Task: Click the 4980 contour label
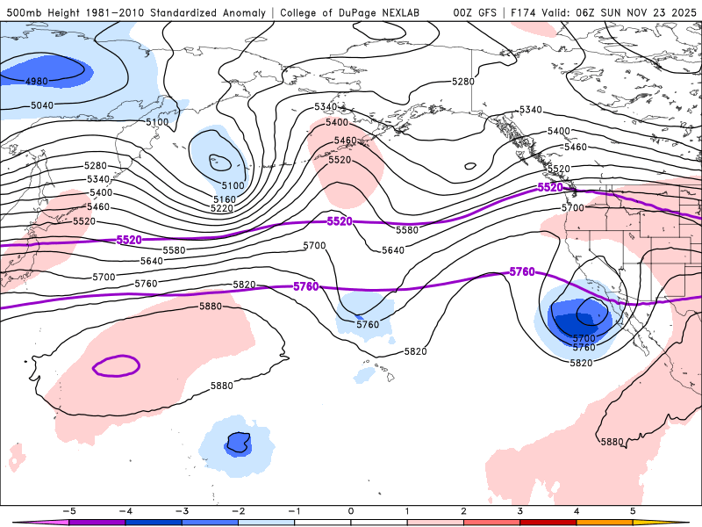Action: tap(37, 82)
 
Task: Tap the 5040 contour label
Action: tap(41, 105)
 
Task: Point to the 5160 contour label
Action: tap(223, 200)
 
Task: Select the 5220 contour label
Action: tap(222, 209)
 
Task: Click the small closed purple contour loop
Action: tap(116, 365)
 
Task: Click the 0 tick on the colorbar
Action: tap(351, 509)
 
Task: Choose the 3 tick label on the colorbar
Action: tap(520, 509)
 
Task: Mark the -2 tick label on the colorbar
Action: tap(238, 509)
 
